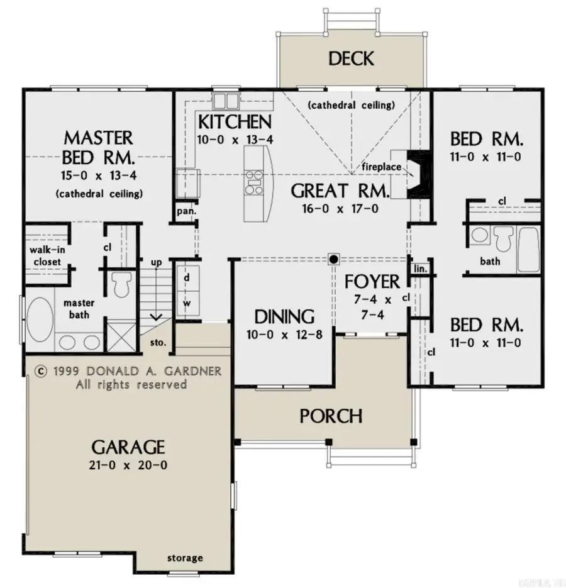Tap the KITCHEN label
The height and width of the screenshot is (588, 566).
(x=235, y=121)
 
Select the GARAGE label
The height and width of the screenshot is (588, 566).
(x=128, y=447)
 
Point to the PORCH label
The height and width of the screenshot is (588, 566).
(x=330, y=416)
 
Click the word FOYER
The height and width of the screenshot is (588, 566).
(x=372, y=280)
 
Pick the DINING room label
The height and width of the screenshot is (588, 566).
(x=284, y=316)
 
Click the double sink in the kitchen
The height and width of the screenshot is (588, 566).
(x=225, y=100)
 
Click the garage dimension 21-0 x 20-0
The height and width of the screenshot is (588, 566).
(x=128, y=466)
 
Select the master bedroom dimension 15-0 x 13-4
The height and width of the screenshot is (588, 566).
(x=98, y=174)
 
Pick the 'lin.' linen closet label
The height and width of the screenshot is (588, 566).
(x=419, y=269)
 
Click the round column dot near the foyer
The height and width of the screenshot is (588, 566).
(x=334, y=258)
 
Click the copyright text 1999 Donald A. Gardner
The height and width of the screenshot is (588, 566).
(x=129, y=371)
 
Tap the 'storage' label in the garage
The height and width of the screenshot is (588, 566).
(x=185, y=558)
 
